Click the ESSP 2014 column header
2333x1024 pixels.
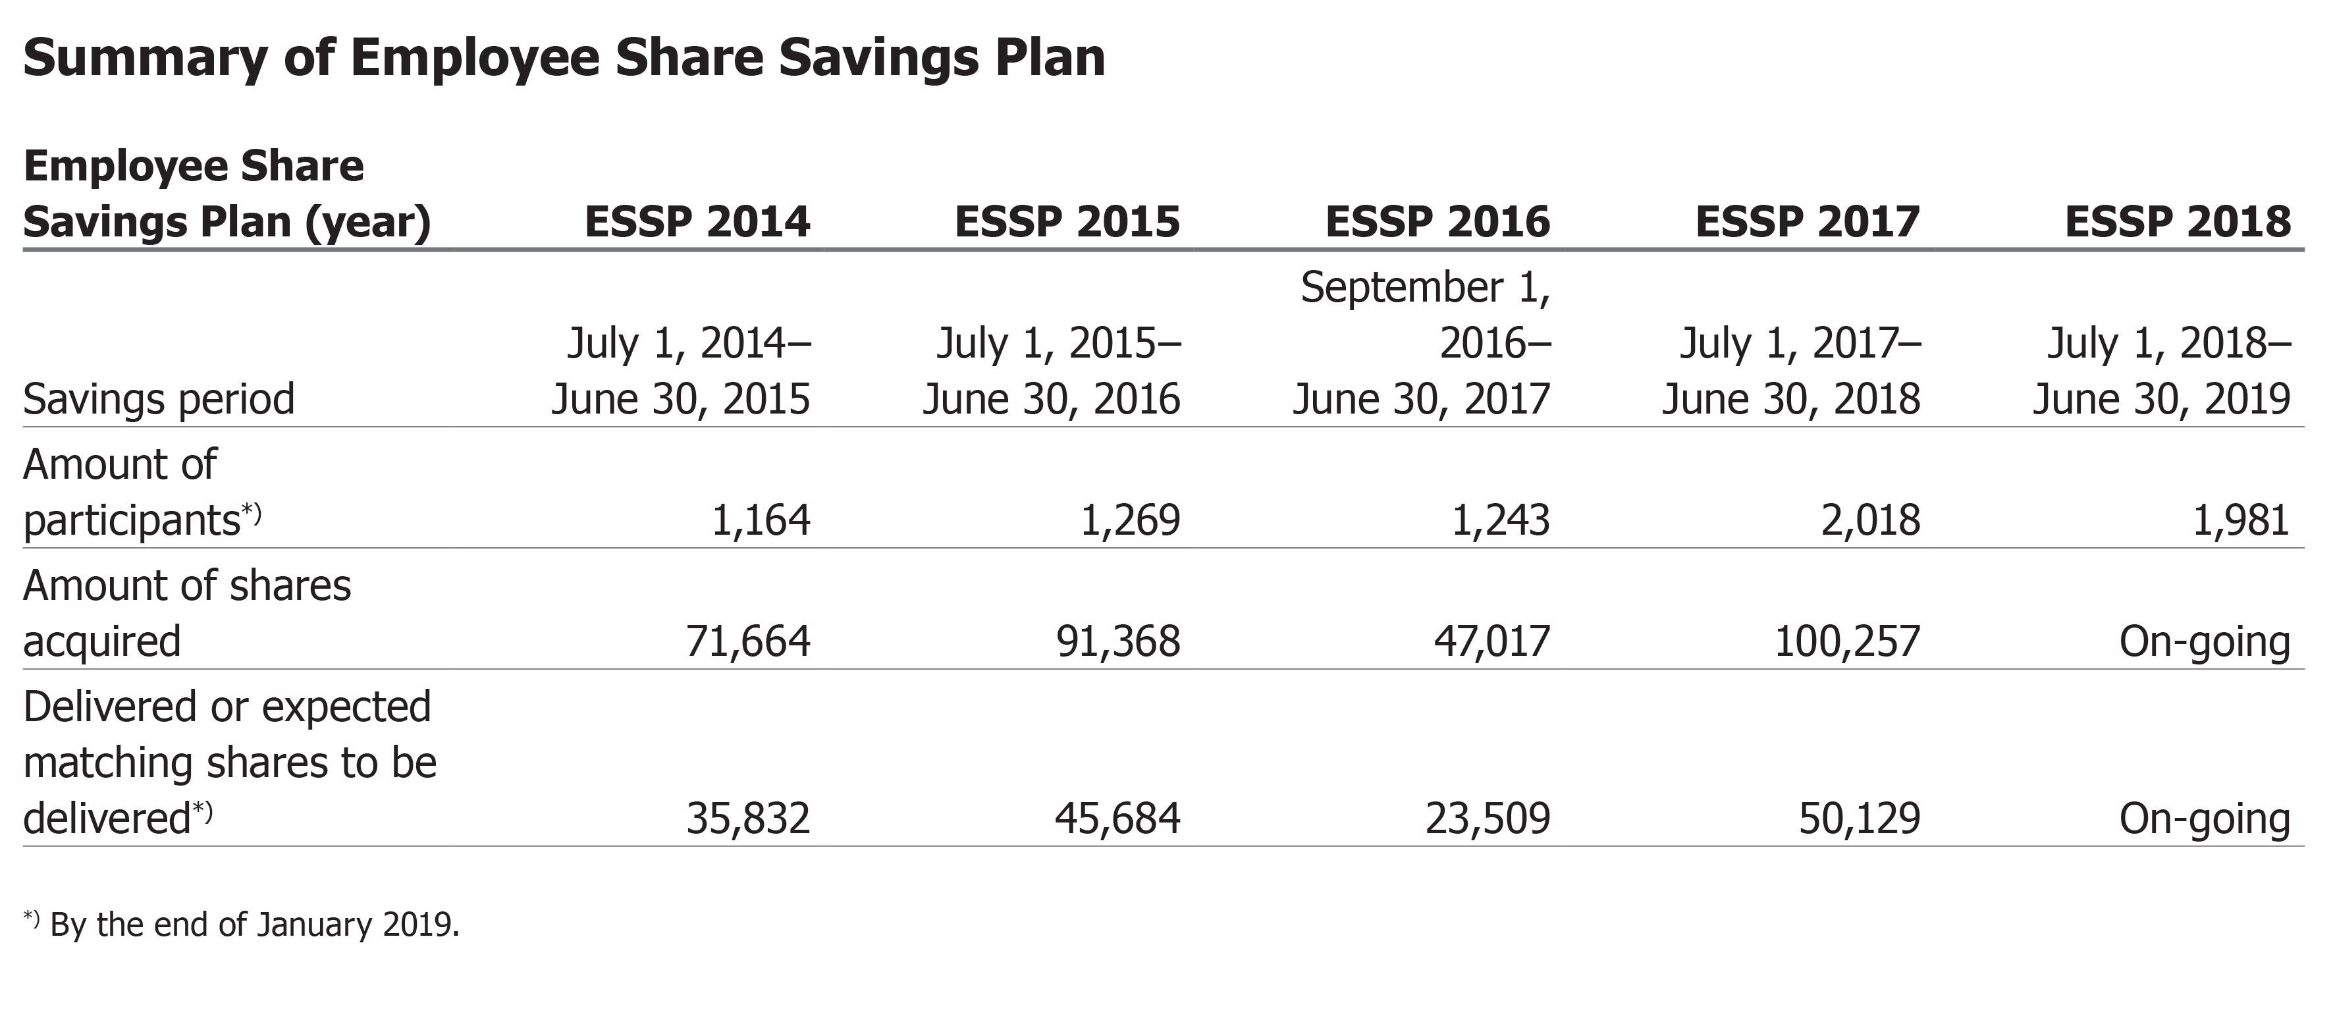coord(697,222)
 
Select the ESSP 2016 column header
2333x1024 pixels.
coord(1437,222)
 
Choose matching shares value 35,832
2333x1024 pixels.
coord(748,819)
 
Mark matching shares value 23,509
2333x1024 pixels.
coord(1488,819)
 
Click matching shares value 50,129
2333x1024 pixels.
coord(1860,819)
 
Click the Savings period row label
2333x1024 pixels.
coord(159,399)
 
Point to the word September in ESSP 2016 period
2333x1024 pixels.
coord(1402,288)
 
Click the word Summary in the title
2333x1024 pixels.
coord(145,58)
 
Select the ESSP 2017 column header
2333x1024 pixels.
coord(1807,222)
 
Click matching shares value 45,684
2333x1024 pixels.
coord(1117,819)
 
